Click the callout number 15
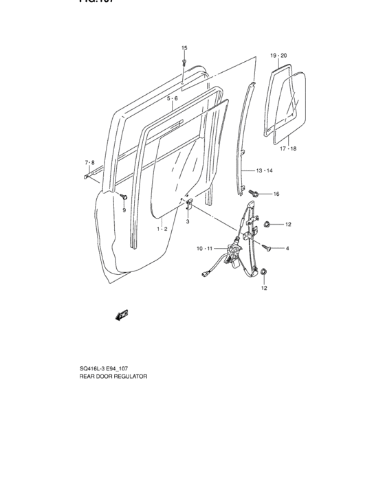click(x=184, y=47)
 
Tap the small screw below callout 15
click(x=184, y=61)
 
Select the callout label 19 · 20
click(x=278, y=54)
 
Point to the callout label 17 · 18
click(x=287, y=148)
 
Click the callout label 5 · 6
click(x=172, y=99)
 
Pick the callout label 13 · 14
click(x=265, y=170)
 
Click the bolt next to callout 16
click(x=254, y=194)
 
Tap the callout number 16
click(x=276, y=194)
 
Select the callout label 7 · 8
click(x=89, y=163)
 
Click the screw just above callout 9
click(x=123, y=198)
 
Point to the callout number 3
click(x=187, y=222)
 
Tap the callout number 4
click(x=287, y=248)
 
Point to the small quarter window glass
click(x=285, y=103)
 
